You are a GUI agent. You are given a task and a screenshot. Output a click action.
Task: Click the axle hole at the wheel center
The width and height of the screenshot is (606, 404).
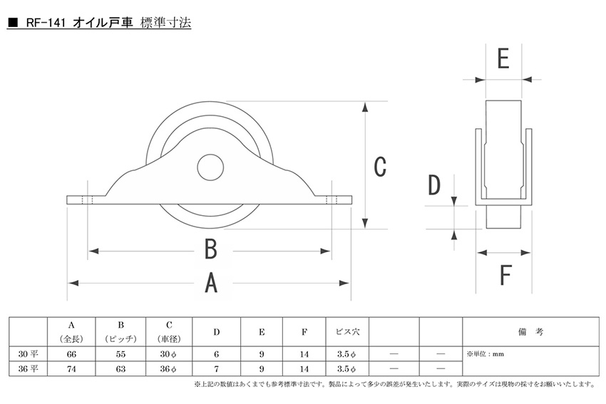tap(210, 167)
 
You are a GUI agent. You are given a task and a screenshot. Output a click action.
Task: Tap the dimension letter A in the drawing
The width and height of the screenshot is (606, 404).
tap(211, 283)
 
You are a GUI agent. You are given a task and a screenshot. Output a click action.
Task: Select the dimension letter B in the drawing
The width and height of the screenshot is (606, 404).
tap(211, 249)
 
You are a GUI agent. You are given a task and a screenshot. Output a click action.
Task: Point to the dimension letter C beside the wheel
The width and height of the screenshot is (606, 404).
tap(380, 167)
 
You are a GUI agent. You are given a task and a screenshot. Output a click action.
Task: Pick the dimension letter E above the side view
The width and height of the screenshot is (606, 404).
tap(503, 58)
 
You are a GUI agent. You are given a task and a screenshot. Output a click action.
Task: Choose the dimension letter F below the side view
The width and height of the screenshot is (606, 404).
tap(505, 274)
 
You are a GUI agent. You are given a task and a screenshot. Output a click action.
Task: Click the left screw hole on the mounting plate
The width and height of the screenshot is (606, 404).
tap(88, 200)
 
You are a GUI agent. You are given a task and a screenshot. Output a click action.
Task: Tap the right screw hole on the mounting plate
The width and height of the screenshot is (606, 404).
tap(332, 200)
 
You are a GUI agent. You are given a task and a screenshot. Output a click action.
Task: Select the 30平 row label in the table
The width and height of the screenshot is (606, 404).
tap(29, 354)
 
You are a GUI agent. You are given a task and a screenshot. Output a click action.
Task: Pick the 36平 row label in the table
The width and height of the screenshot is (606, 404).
tap(29, 368)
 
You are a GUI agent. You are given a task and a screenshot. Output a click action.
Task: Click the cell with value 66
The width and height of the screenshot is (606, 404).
tap(71, 354)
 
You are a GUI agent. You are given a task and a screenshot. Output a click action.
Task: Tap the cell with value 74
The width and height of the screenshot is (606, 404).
tap(71, 368)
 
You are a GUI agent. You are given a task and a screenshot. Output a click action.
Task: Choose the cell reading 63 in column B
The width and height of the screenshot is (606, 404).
tap(120, 368)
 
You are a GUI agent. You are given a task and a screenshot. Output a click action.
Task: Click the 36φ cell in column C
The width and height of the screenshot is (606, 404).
tap(168, 368)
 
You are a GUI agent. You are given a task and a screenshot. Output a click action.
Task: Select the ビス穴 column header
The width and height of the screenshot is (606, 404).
tap(347, 331)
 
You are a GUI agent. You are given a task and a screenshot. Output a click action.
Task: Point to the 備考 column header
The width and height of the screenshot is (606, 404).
tap(530, 331)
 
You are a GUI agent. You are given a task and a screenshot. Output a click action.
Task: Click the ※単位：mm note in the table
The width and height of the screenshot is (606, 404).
tap(486, 354)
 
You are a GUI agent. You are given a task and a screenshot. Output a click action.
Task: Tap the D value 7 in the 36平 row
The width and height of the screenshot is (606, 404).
tap(217, 368)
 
